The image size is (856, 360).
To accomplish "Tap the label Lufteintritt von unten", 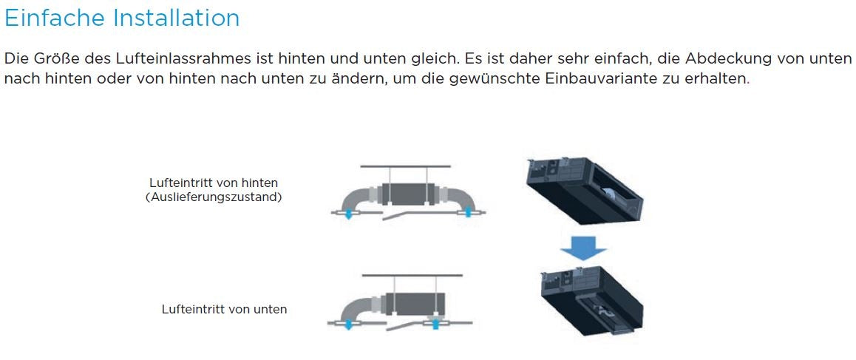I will click(224, 309).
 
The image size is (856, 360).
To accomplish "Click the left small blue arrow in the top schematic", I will click(347, 214).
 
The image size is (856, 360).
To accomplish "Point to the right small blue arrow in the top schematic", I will click(467, 213).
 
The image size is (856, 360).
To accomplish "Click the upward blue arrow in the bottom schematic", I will click(436, 323).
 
